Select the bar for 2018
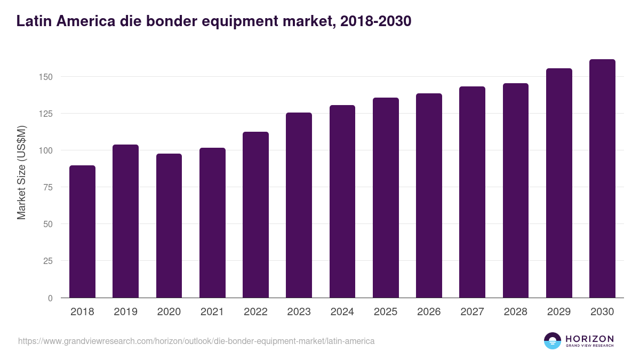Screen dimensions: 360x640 pyautogui.click(x=82, y=231)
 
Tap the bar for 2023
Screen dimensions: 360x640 pyautogui.click(x=299, y=205)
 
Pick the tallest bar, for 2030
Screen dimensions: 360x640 pyautogui.click(x=602, y=179)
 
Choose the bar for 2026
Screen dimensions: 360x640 pyautogui.click(x=429, y=196)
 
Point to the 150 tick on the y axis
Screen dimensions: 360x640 pyautogui.click(x=46, y=77)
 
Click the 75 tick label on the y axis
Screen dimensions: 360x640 pyautogui.click(x=48, y=187)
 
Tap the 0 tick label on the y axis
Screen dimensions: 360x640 pyautogui.click(x=50, y=298)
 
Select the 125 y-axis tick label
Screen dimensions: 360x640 pyautogui.click(x=46, y=114)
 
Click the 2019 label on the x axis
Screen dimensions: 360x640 pyautogui.click(x=125, y=312)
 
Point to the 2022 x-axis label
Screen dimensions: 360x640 pyautogui.click(x=255, y=312)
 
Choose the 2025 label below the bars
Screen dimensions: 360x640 pyautogui.click(x=386, y=312)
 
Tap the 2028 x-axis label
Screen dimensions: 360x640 pyautogui.click(x=516, y=312)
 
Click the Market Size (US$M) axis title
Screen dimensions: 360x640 pyautogui.click(x=21, y=172)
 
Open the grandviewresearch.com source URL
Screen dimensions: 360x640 pyautogui.click(x=196, y=341)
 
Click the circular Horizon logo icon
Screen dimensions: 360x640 pyautogui.click(x=553, y=341)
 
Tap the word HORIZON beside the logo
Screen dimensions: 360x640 pyautogui.click(x=589, y=338)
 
